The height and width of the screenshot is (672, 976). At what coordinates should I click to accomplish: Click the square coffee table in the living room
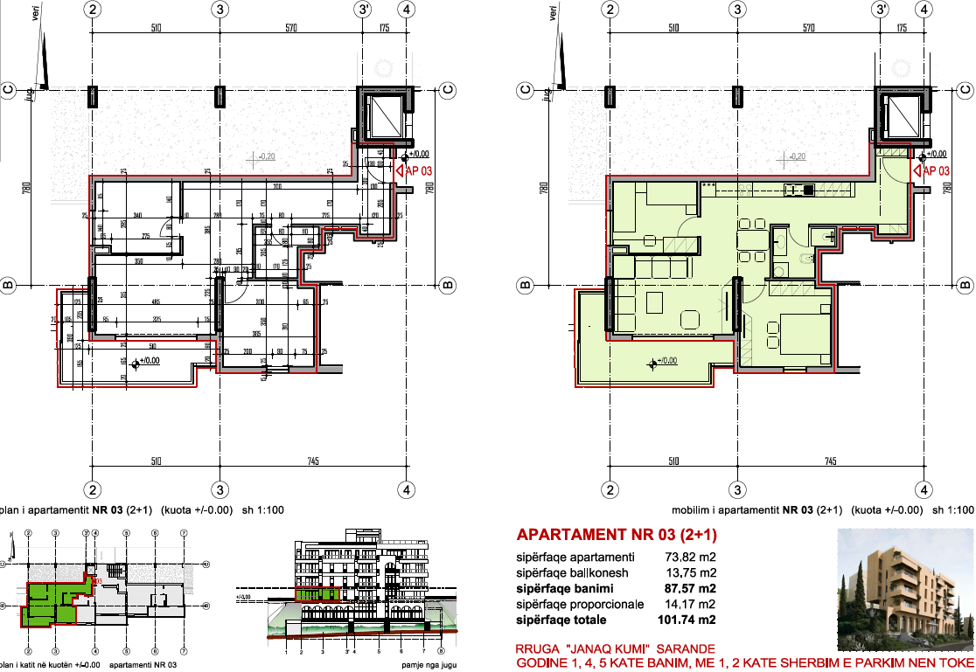click(653, 303)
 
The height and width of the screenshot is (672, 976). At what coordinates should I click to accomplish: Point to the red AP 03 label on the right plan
click(936, 171)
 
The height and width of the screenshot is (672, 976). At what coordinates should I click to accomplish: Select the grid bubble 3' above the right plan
click(882, 9)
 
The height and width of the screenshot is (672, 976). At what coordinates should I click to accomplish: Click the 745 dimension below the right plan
click(830, 461)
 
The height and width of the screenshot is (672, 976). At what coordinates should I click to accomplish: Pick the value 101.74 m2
click(687, 620)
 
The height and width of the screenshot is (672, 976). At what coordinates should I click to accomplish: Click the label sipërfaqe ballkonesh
click(572, 572)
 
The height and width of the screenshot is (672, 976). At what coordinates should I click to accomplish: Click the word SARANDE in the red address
click(683, 648)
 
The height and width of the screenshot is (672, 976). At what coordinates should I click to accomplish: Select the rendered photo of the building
click(906, 590)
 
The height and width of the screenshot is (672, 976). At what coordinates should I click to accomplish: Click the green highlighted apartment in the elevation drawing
click(317, 594)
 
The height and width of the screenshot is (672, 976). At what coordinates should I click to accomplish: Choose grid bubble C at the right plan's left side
click(526, 88)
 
